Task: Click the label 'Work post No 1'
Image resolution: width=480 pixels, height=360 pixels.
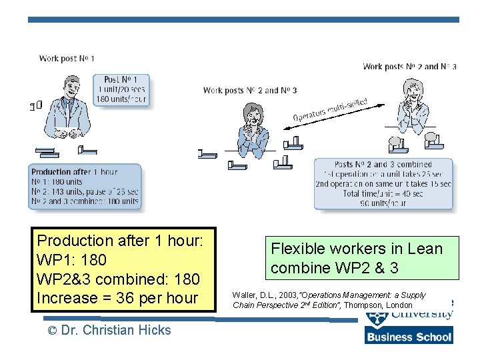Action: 67,59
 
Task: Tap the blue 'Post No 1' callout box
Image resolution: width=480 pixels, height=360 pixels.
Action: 121,89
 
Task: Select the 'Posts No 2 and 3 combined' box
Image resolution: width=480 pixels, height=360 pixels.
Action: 383,183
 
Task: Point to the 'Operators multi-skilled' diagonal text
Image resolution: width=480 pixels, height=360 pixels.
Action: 331,110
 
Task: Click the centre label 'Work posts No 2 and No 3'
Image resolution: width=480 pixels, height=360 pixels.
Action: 250,91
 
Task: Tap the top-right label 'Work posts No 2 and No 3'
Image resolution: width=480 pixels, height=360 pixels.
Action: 409,66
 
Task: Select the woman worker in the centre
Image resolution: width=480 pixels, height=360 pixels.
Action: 254,129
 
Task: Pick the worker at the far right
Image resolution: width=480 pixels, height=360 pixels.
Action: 409,107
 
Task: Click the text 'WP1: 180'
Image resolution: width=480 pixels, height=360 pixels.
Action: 71,259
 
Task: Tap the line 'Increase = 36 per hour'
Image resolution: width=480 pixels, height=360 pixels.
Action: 117,298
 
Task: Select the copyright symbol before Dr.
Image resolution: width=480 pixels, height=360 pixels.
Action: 51,331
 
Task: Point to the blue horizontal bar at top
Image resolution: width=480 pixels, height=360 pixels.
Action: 243,19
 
